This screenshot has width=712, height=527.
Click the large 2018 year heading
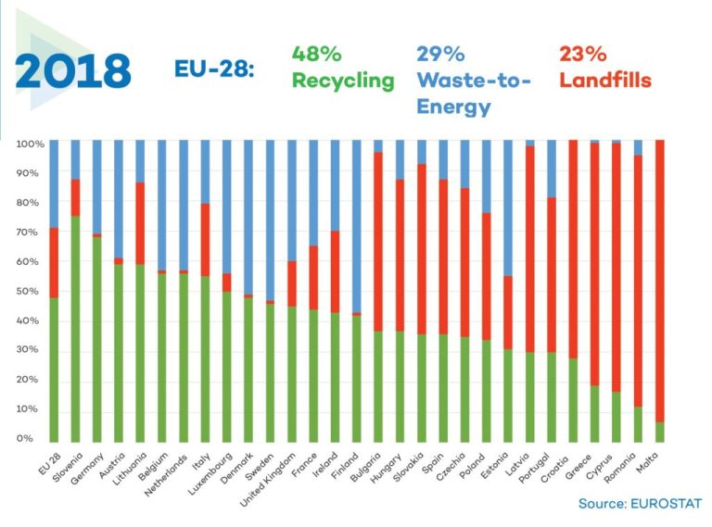[71, 70]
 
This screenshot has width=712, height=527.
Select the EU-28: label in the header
[214, 69]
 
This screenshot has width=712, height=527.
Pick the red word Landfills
[605, 81]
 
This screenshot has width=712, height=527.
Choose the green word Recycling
[343, 81]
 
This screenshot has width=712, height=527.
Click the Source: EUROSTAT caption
[640, 503]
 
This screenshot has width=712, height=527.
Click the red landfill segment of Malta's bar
[659, 278]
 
